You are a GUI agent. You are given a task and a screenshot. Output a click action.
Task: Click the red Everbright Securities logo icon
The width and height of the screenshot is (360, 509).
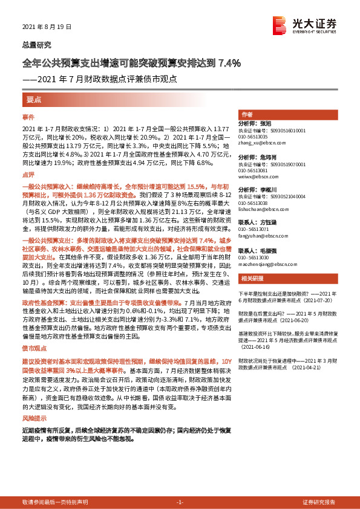[280, 26]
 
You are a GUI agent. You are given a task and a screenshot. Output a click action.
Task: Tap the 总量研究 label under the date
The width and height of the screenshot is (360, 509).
[37, 45]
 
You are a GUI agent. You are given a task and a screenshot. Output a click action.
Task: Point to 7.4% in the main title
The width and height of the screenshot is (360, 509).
[229, 62]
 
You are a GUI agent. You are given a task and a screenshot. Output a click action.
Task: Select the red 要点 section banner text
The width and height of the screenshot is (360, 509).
[34, 99]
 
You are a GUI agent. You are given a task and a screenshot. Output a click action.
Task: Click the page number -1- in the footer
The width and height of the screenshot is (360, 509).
[179, 502]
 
